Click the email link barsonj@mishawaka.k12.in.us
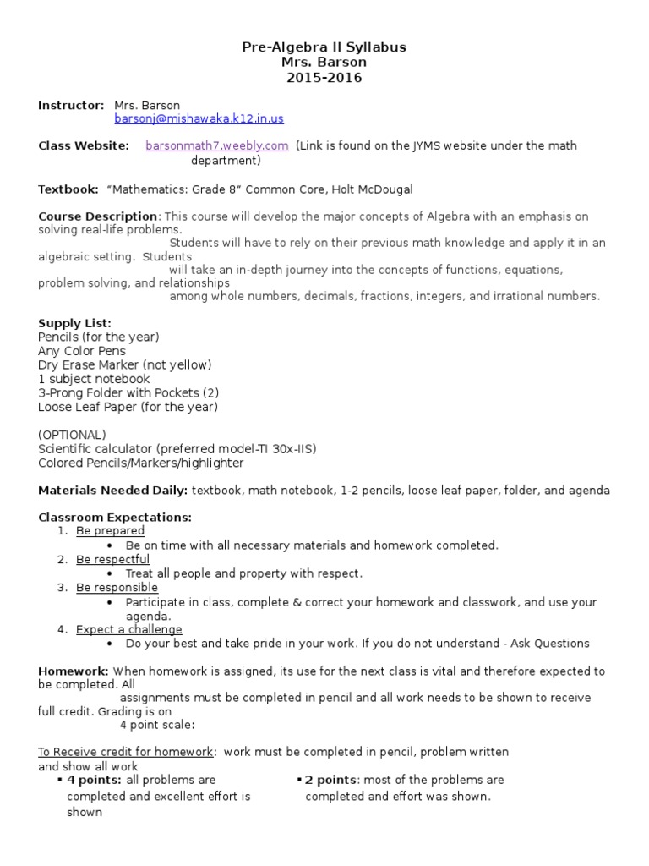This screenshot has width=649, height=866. point(199,119)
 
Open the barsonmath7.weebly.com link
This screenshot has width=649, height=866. point(217,145)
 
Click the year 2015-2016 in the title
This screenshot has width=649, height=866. point(324,78)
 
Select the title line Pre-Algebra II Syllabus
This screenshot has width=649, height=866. point(324,47)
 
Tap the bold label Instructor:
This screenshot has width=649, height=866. point(71,105)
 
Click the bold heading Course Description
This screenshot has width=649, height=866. point(98,216)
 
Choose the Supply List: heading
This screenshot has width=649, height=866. point(74,323)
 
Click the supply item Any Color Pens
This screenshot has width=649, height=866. point(82,351)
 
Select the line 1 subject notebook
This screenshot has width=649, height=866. point(94,379)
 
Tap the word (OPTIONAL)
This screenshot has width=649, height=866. point(73,435)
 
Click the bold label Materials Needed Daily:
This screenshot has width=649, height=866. point(112,491)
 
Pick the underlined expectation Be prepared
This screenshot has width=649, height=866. point(110,531)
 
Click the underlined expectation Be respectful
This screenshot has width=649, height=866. point(112,559)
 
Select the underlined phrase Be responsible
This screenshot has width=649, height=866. point(117,588)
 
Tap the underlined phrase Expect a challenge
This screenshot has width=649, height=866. point(128,629)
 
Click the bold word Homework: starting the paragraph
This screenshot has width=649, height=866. point(74,671)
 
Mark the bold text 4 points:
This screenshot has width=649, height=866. point(94,780)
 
